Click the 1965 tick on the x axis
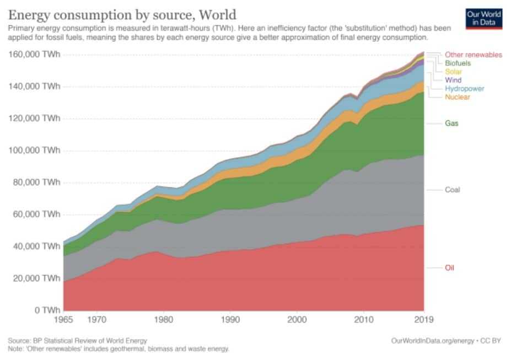coord(63,319)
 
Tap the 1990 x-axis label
coord(230,319)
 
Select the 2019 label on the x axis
coord(423,319)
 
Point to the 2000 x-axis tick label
coord(297,319)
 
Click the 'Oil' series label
coord(450,268)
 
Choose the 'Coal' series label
coord(452,190)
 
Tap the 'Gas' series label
coord(451,123)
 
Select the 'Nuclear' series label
coord(458,97)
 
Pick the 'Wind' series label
coord(453,80)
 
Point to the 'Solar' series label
coord(454,72)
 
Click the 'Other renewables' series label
coord(474,55)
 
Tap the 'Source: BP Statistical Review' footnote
coord(77,341)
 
